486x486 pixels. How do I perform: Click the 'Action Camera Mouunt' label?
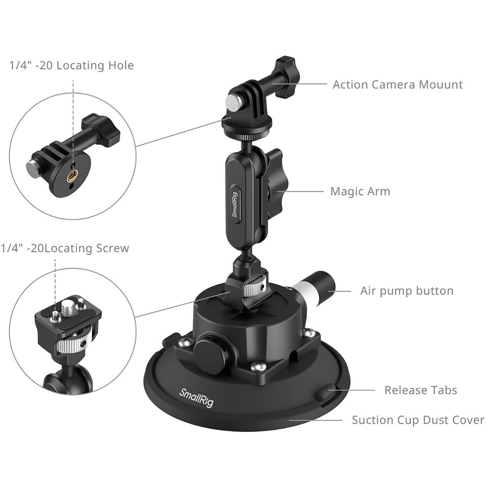[x=397, y=85]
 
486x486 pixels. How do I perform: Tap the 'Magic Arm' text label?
[x=360, y=191]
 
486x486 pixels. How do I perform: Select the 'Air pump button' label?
[x=407, y=291]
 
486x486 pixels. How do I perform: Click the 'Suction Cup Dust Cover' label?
[x=418, y=420]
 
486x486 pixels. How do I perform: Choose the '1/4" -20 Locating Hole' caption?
[x=71, y=65]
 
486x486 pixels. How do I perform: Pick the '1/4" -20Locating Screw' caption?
[x=64, y=248]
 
